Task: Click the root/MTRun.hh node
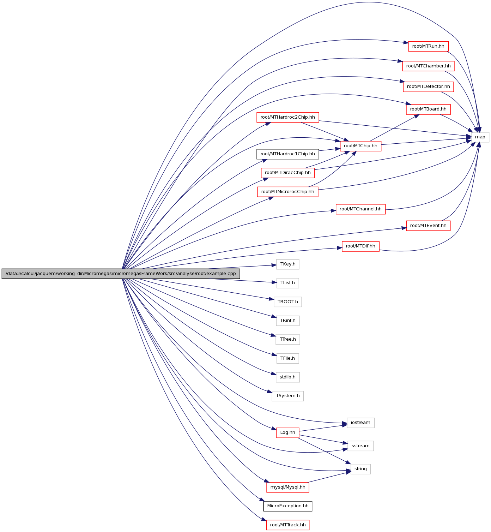tap(428, 46)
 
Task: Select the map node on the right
tap(480, 137)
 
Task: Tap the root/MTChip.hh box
tap(360, 146)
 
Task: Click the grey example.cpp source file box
tap(121, 274)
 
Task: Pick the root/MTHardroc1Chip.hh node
tap(287, 154)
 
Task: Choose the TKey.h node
tap(288, 264)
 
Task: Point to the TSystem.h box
tap(287, 396)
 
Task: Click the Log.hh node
tap(287, 432)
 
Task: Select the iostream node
tap(360, 423)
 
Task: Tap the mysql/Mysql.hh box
tap(287, 487)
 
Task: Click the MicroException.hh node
tap(287, 506)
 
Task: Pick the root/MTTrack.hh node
tap(287, 525)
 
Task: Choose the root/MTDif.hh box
tap(360, 246)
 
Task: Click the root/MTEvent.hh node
tap(428, 226)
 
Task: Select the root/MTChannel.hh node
tap(360, 209)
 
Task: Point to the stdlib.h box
tap(287, 377)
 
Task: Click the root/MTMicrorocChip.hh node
tap(287, 192)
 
